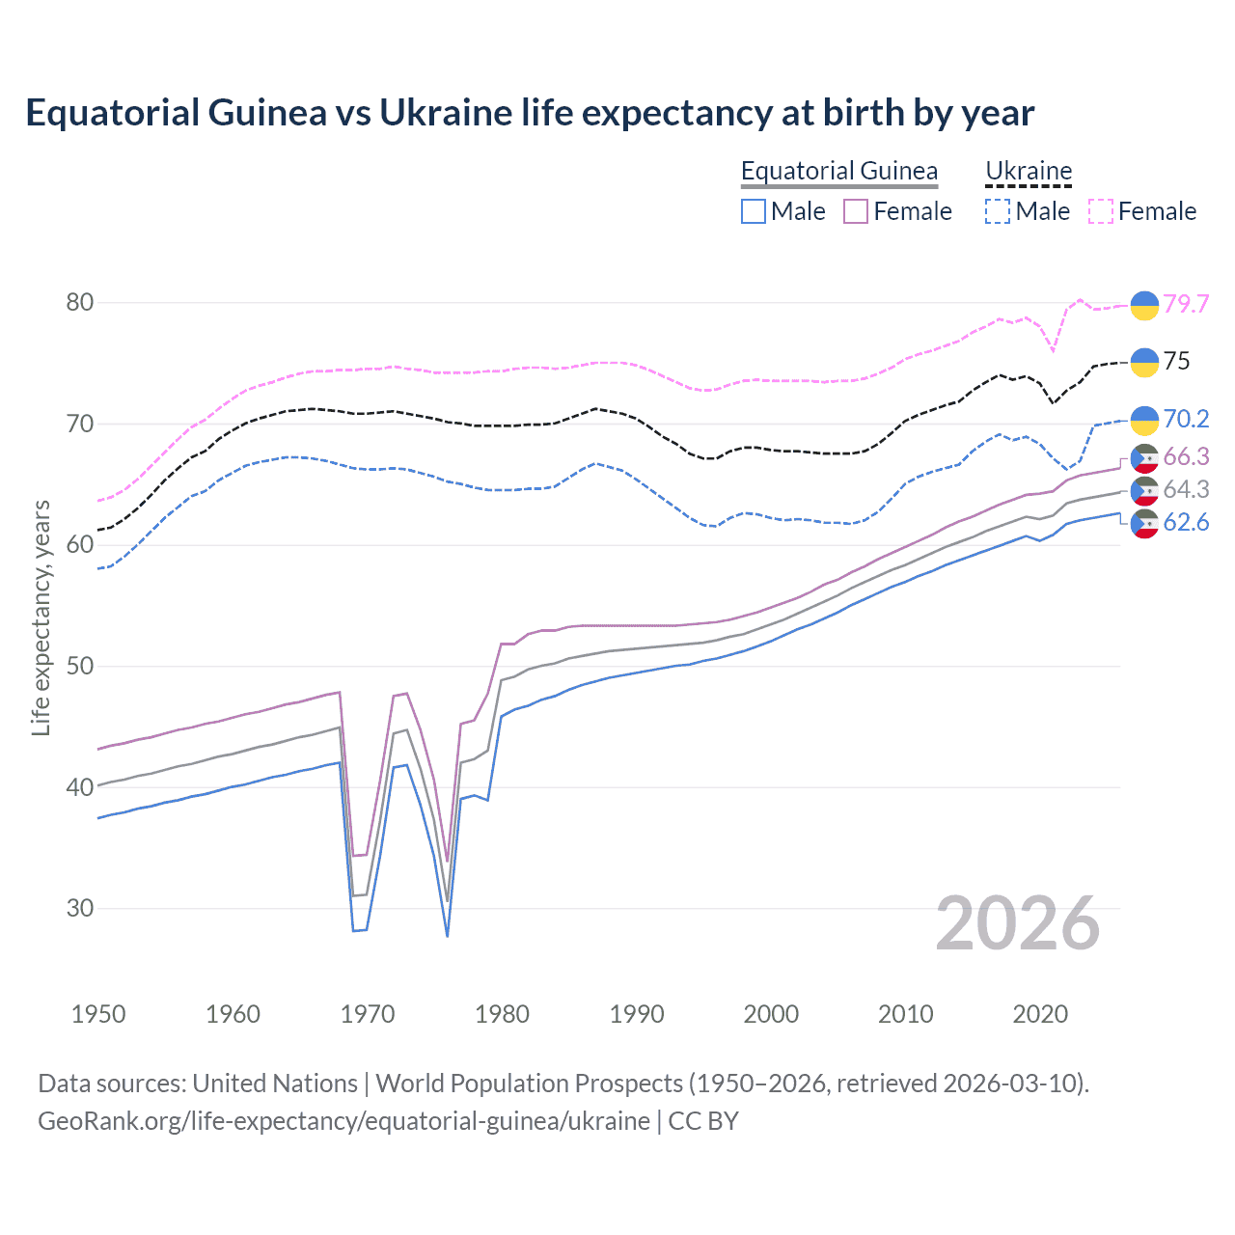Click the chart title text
click(530, 113)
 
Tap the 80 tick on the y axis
click(79, 302)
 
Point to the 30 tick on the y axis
click(79, 908)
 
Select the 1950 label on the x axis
click(98, 1014)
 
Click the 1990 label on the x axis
click(637, 1014)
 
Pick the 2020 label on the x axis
click(1040, 1014)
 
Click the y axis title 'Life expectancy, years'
click(41, 617)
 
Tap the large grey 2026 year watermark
click(1017, 923)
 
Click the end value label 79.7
click(1186, 304)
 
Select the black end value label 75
click(1176, 361)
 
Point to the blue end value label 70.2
click(1186, 419)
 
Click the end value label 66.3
click(1186, 456)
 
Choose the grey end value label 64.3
click(1186, 489)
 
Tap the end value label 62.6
click(1186, 523)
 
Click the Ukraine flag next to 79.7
click(1144, 305)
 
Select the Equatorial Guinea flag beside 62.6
click(1144, 524)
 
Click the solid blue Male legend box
click(754, 211)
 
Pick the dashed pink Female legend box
click(1101, 211)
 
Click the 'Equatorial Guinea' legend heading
click(838, 171)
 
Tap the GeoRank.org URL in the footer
click(343, 1121)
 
